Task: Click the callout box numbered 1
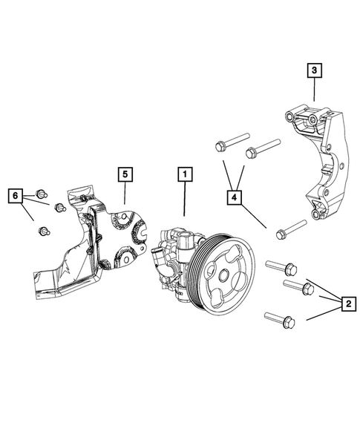tap(184, 175)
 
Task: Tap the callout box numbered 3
tap(315, 70)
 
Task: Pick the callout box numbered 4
tap(235, 197)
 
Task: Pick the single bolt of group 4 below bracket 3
tap(290, 229)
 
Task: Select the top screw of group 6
tap(42, 190)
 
